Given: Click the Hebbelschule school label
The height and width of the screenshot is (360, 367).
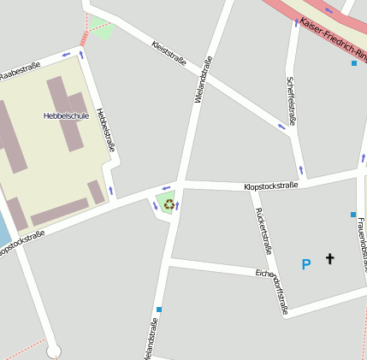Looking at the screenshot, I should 66,115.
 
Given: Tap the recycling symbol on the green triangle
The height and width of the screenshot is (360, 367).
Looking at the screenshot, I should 169,204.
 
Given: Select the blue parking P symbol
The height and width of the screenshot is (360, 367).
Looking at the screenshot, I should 305,265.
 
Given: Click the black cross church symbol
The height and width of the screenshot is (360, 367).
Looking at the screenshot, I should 329,258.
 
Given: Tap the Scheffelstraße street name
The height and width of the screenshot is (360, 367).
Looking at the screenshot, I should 291,101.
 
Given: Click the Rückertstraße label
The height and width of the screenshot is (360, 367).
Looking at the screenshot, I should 264,231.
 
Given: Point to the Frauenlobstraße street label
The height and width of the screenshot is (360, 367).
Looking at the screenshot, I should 362,244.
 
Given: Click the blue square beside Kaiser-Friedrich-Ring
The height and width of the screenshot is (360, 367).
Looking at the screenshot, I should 354,62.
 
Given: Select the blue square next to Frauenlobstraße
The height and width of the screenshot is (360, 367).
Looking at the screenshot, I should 352,214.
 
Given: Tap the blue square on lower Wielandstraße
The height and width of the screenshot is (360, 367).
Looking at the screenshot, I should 159,309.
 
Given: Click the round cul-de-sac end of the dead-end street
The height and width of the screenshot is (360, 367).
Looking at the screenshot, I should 54,350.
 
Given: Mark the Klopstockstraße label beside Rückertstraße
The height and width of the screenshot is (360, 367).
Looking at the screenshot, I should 270,186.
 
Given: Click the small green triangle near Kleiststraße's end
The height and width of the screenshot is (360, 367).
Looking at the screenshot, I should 103,30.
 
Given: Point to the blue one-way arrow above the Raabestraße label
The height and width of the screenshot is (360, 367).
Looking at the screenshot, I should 65,55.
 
